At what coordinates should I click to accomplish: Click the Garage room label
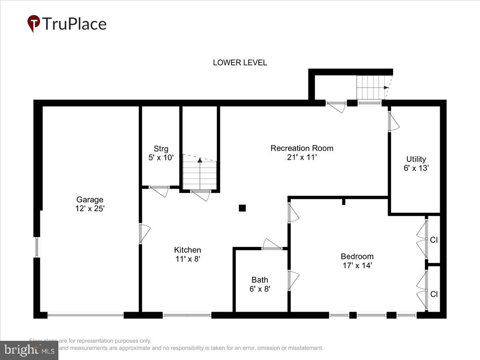click(x=90, y=200)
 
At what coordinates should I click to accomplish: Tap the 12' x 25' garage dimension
click(x=90, y=208)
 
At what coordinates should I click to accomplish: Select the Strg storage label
click(x=161, y=149)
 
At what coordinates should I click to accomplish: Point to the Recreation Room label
click(x=302, y=148)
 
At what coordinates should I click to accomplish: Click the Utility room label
click(x=416, y=159)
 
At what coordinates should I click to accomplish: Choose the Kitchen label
click(x=187, y=250)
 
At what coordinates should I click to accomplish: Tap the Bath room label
click(x=260, y=280)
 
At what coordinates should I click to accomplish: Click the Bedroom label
click(x=357, y=256)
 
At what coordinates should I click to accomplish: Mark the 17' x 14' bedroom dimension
click(x=357, y=265)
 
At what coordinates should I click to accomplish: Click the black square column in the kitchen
click(x=242, y=208)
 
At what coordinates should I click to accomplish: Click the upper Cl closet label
click(x=434, y=240)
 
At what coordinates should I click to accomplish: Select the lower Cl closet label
click(x=434, y=294)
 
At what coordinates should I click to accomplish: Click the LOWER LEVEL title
click(x=240, y=63)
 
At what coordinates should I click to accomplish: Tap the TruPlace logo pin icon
click(x=34, y=24)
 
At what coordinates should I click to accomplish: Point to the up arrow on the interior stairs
click(x=200, y=160)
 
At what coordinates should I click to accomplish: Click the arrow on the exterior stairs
click(x=386, y=87)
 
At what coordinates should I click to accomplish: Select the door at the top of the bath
click(x=272, y=245)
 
